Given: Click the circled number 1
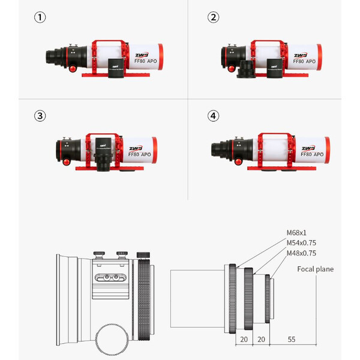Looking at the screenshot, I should [39, 17].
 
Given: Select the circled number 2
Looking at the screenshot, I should [213, 17].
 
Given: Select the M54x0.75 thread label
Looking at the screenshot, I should [302, 243].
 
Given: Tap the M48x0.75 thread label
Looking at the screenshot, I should [302, 253].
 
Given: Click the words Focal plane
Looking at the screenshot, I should [315, 269].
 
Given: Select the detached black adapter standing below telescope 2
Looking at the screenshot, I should [245, 69].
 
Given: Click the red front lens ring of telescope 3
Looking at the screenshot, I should [154, 150].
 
